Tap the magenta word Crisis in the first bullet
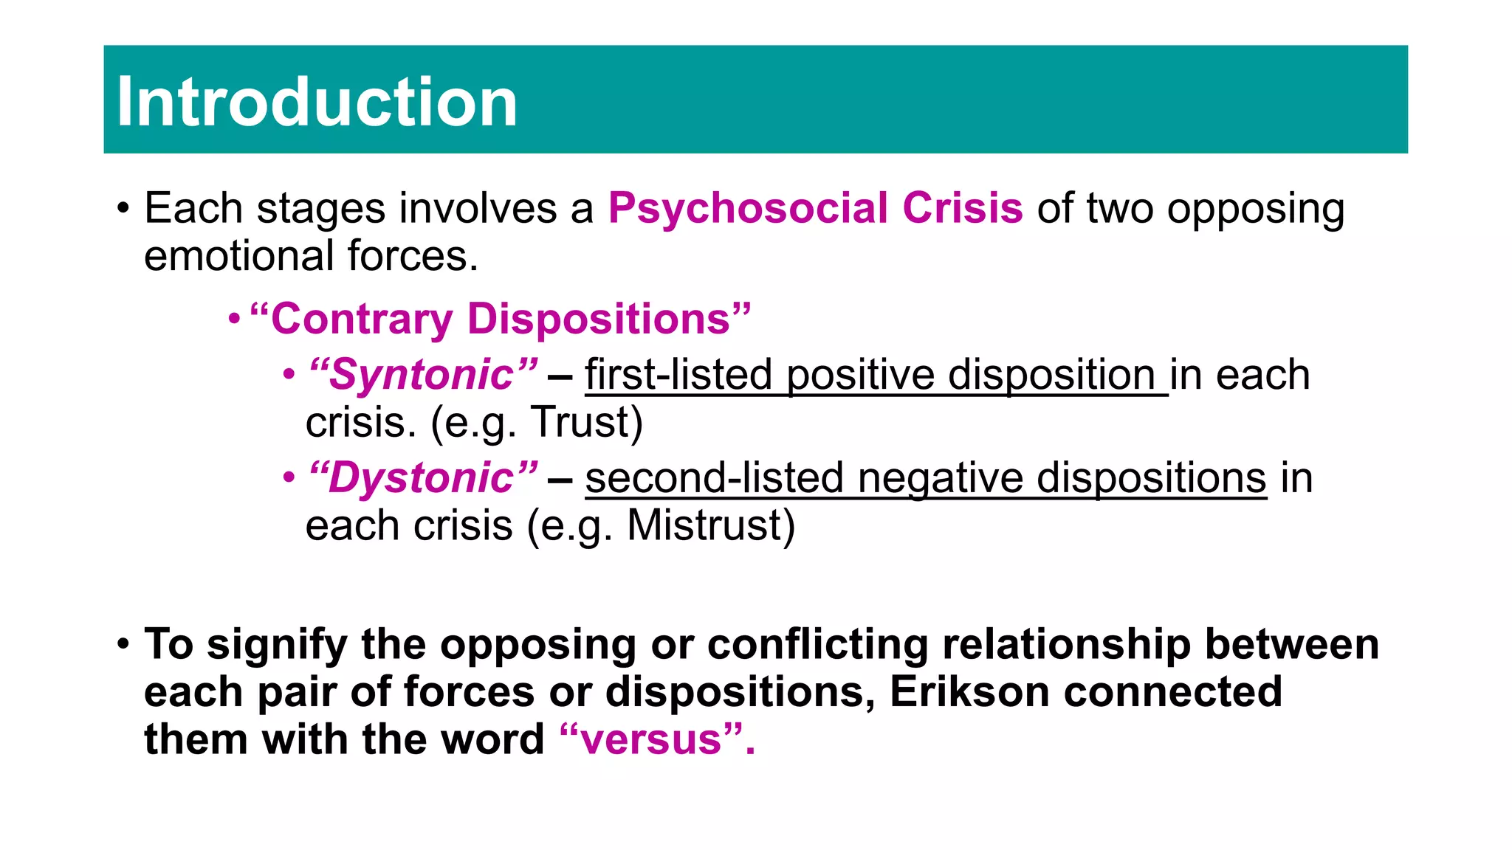pyautogui.click(x=963, y=208)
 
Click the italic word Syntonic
pyautogui.click(x=421, y=375)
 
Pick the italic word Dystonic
pyautogui.click(x=421, y=478)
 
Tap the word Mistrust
pyautogui.click(x=704, y=525)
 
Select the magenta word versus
pyautogui.click(x=650, y=739)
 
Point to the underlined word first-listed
pyautogui.click(x=678, y=375)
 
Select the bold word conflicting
pyautogui.click(x=817, y=644)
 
